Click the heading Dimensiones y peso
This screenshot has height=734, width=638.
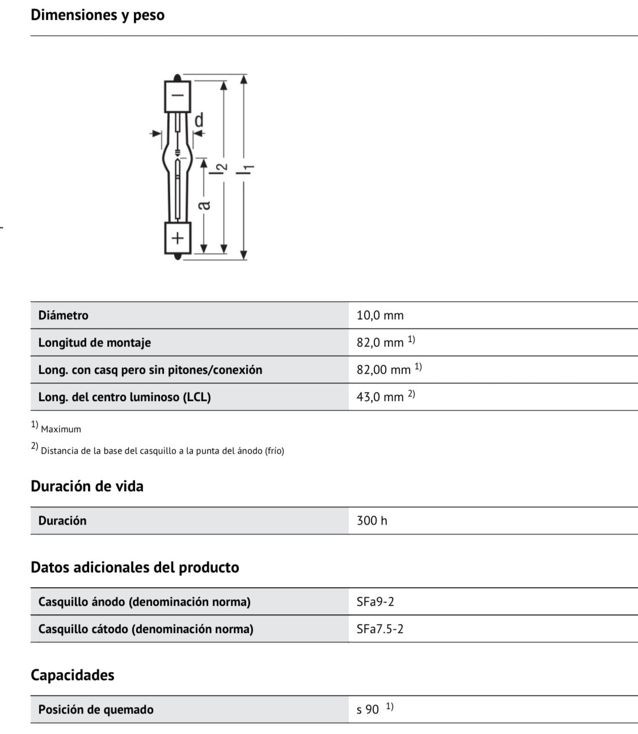pos(98,15)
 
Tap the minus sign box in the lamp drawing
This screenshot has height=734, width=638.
pos(178,96)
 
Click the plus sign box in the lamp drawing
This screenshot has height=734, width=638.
pos(178,238)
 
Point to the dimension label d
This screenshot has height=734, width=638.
pos(199,120)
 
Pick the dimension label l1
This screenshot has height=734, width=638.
pos(248,168)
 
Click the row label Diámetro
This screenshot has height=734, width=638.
pos(64,315)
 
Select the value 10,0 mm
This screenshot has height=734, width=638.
pos(380,315)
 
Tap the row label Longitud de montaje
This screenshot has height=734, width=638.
pos(95,343)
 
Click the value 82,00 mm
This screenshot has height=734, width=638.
pos(383,370)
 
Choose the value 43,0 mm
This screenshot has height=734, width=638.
pos(380,397)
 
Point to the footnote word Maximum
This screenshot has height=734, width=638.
pos(61,429)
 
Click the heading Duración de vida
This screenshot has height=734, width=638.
pos(87,486)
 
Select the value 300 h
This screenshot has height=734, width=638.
pos(372,521)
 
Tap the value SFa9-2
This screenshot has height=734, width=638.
pos(375,602)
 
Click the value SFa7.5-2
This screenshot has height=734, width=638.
pos(380,629)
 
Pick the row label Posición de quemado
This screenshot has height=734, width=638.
pos(96,710)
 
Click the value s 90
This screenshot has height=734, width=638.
pos(367,710)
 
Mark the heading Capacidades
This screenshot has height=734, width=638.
pos(73,675)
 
